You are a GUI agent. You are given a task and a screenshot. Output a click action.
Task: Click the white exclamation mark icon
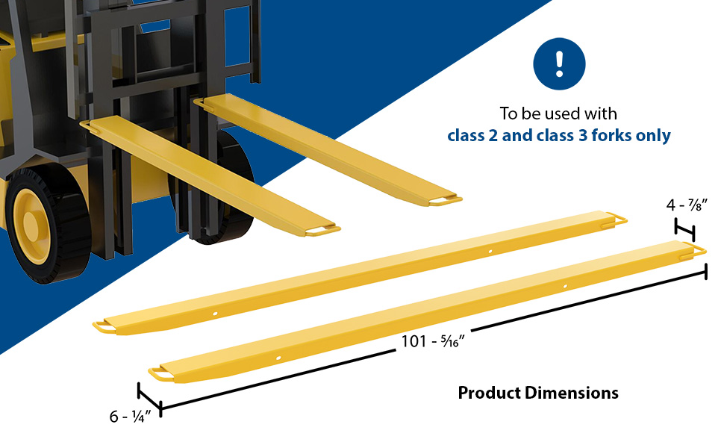(x=559, y=63)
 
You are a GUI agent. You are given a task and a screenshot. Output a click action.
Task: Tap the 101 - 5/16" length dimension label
(x=433, y=341)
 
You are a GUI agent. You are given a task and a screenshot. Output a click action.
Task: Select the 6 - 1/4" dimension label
(x=130, y=417)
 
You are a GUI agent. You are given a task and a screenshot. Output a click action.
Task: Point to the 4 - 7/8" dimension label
(x=687, y=205)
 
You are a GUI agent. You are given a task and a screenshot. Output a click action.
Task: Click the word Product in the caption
(x=490, y=393)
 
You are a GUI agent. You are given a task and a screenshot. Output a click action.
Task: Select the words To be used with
(x=558, y=113)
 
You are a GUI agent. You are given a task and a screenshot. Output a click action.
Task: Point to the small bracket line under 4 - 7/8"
(x=684, y=228)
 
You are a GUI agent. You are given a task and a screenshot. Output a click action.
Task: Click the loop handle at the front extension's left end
(x=160, y=375)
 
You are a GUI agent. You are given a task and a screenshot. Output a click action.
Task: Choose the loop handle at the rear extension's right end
(x=614, y=220)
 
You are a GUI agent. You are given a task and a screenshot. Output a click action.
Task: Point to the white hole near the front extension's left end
(x=278, y=358)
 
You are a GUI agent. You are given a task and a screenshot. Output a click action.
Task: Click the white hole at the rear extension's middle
(x=490, y=251)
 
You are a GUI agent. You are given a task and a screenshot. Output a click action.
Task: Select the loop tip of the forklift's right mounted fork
(x=445, y=200)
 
